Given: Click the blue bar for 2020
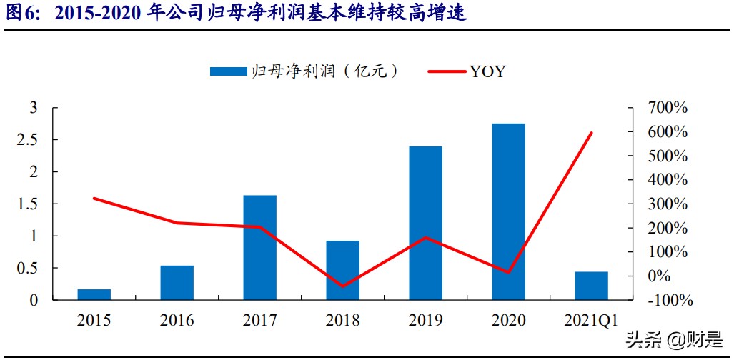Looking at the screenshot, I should pyautogui.click(x=508, y=211).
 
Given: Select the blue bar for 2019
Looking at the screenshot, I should pyautogui.click(x=425, y=223).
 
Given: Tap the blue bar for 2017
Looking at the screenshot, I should pyautogui.click(x=259, y=247).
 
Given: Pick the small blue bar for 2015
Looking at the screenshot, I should pyautogui.click(x=94, y=294).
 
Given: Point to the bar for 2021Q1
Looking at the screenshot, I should pyautogui.click(x=591, y=286).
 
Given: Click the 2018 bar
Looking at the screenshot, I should pyautogui.click(x=342, y=270).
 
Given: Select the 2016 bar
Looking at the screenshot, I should pyautogui.click(x=177, y=283).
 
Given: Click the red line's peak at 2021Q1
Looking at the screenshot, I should pyautogui.click(x=591, y=133).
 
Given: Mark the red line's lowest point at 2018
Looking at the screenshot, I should pyautogui.click(x=342, y=286).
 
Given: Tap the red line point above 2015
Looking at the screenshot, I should pyautogui.click(x=94, y=198).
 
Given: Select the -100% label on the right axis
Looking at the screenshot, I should pyautogui.click(x=668, y=301).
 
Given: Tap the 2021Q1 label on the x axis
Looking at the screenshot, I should pyautogui.click(x=591, y=320).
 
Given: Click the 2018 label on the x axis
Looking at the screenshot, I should pyautogui.click(x=342, y=320).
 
